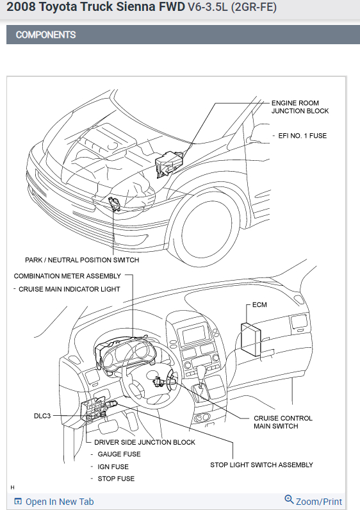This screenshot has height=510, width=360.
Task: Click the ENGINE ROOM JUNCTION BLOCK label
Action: coord(300,107)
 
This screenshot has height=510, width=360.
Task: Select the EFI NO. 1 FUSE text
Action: coord(302,136)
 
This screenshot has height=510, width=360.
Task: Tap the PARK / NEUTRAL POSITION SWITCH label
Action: coord(82,260)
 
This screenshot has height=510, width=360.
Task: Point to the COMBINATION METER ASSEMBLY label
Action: coord(67,276)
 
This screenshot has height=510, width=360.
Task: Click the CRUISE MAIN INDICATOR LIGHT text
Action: coord(69,289)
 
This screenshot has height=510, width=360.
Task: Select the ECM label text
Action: coord(259,305)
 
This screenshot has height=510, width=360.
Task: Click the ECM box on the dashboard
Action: coord(250,339)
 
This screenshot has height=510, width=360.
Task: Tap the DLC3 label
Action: coord(42,416)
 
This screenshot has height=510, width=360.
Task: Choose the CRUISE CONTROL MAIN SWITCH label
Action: coord(283,422)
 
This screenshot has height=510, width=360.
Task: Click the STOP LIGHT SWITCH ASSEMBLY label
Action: coord(261,465)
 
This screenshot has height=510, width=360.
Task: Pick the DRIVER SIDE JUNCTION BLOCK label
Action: coord(145,442)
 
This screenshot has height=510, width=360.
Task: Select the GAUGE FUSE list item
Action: coord(119,454)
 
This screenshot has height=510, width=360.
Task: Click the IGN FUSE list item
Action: coord(113,466)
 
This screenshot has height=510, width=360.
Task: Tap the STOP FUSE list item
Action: coord(116,479)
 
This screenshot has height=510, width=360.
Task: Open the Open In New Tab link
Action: coord(54,502)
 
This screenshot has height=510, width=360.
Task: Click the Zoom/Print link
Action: coord(313,501)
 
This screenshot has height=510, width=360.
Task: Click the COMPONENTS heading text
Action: coord(46,35)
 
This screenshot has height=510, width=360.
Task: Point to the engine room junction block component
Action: coord(169,163)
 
